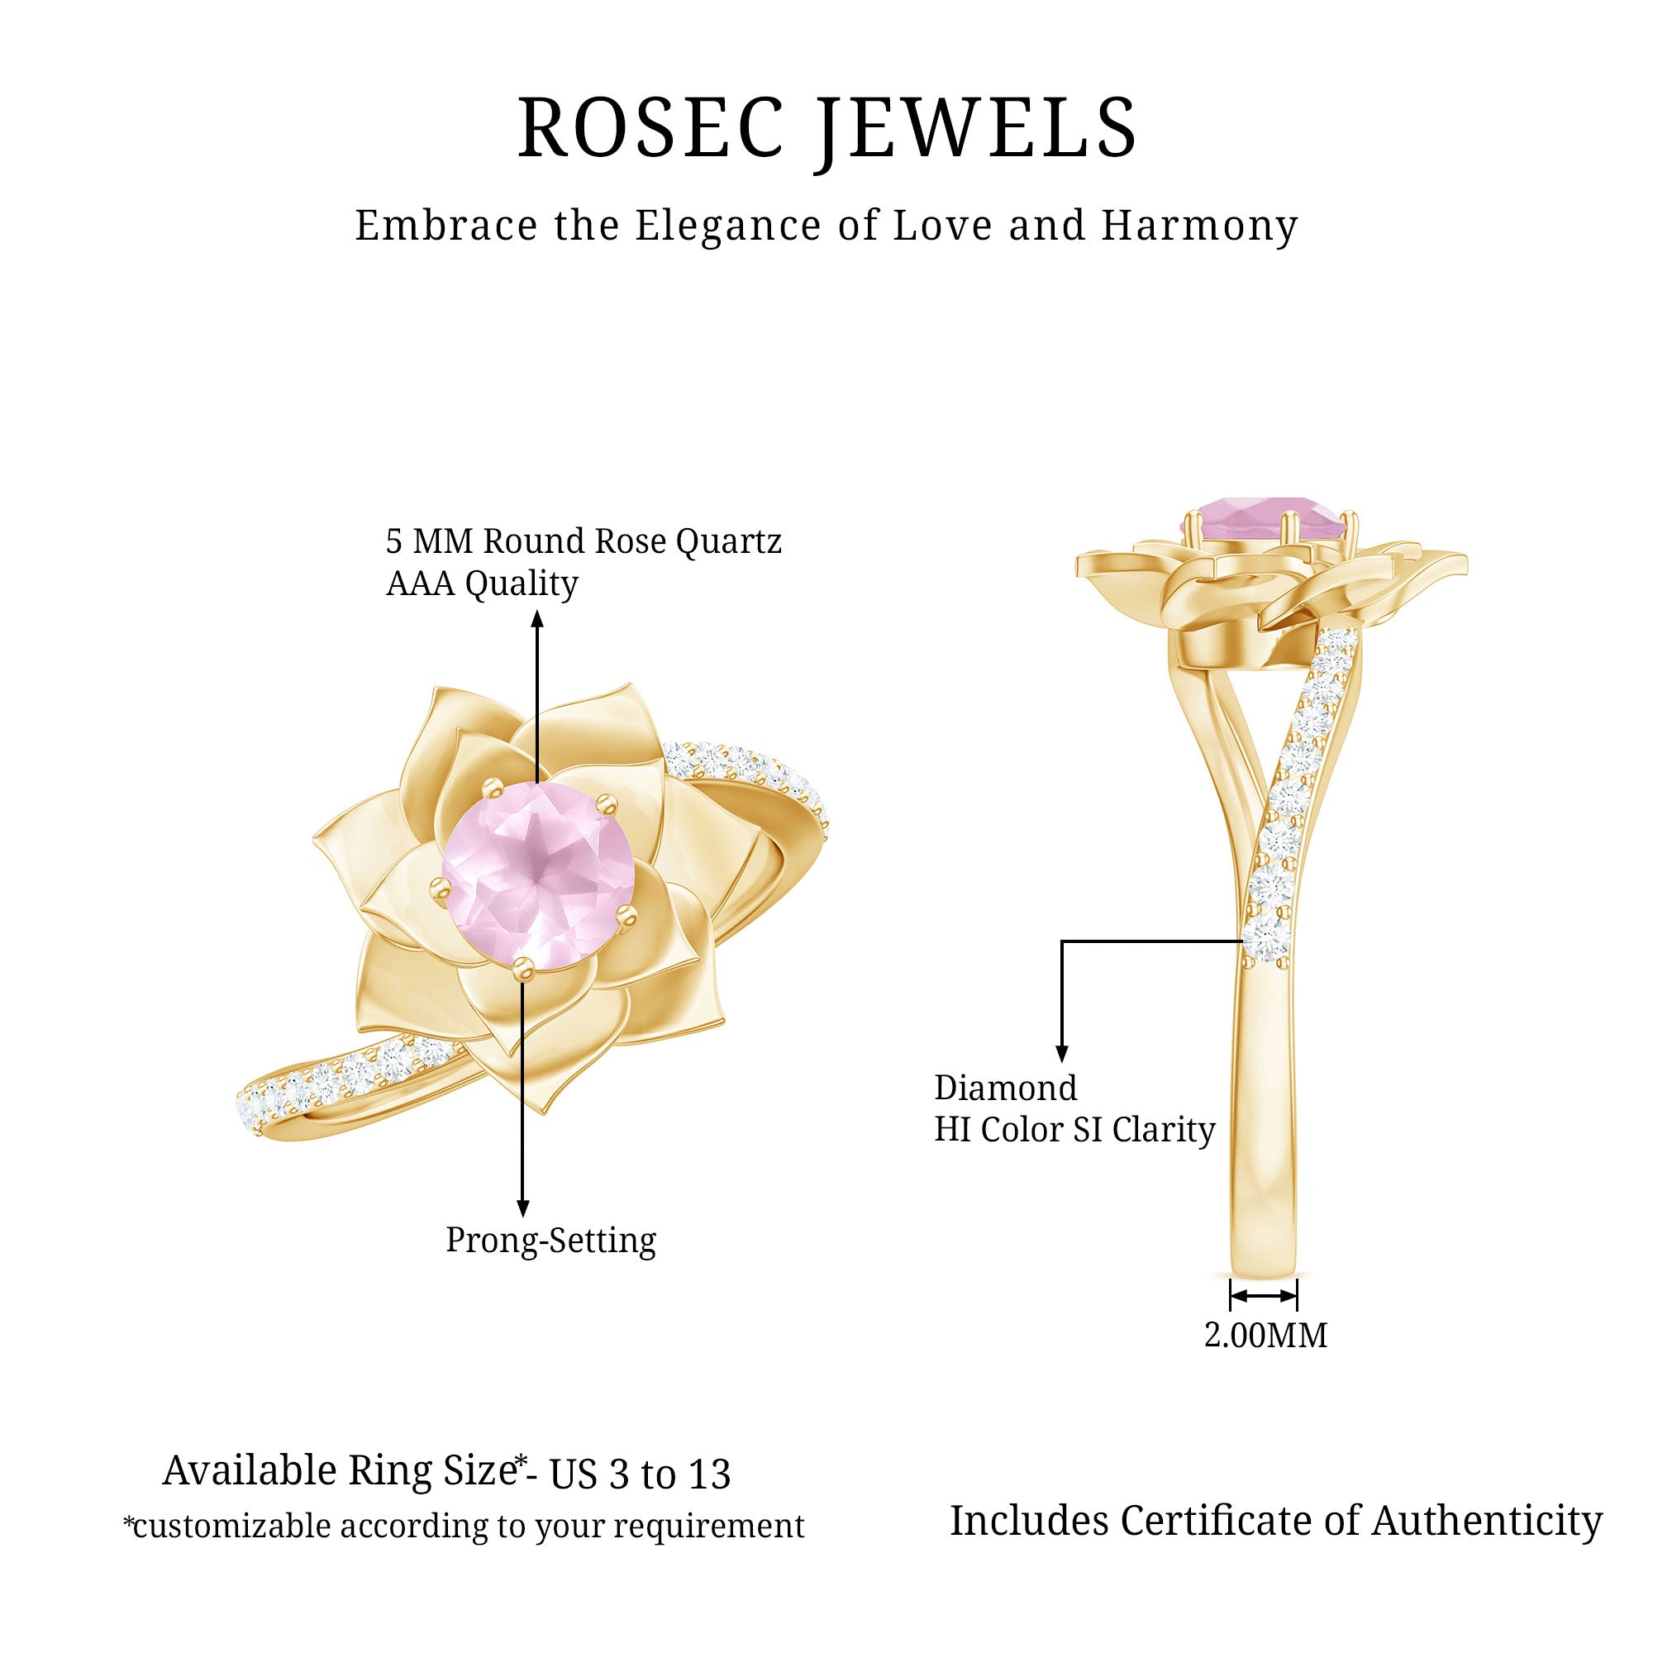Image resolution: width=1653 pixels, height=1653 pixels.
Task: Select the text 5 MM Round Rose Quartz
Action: coord(584,541)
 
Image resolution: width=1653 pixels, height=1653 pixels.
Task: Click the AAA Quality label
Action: coord(482,584)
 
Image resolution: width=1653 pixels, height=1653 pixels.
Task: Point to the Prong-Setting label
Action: coord(550,1241)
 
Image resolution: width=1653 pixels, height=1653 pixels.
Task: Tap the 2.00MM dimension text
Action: coord(1265,1336)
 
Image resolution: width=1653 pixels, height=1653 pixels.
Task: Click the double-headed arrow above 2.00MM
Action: coord(1264,1297)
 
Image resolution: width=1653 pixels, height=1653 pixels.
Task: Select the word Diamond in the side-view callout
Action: coord(1005,1089)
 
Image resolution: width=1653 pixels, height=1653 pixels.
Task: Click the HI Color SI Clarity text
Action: coord(1074,1129)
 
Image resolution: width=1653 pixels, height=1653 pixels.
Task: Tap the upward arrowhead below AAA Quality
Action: coord(537,618)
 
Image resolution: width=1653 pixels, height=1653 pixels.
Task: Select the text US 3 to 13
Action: coord(640,1474)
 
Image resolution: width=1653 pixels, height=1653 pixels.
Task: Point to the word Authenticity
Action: coord(1487,1522)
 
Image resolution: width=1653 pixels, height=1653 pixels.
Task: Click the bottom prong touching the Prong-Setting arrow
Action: coord(523,968)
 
